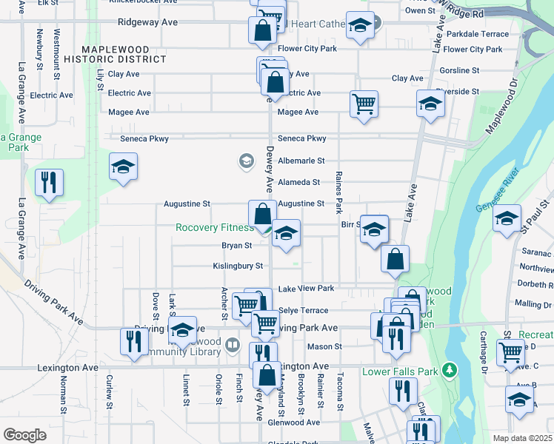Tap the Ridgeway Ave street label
pyautogui.click(x=151, y=22)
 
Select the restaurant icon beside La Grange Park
pyautogui.click(x=49, y=183)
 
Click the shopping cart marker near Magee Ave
pyautogui.click(x=364, y=104)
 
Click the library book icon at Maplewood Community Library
pyautogui.click(x=233, y=345)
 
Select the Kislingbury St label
pyautogui.click(x=238, y=266)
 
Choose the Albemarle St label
pyautogui.click(x=301, y=161)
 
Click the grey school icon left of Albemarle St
pyautogui.click(x=245, y=161)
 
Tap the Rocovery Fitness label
pyautogui.click(x=214, y=228)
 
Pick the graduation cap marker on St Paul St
pyautogui.click(x=507, y=219)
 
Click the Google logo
pyautogui.click(x=24, y=434)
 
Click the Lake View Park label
pyautogui.click(x=306, y=288)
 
